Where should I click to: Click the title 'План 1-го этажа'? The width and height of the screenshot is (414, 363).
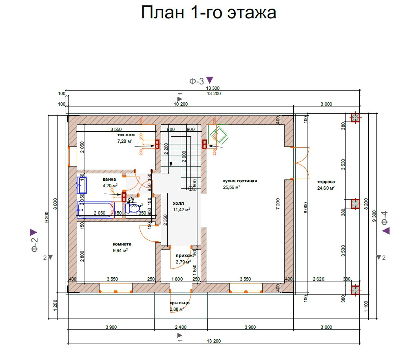(208, 13)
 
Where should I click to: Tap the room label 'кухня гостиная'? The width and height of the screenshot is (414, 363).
(240, 181)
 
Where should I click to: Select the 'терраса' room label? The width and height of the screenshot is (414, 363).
(326, 182)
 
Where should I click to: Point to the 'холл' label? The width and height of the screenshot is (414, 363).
(179, 203)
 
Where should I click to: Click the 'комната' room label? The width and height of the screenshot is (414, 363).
(122, 244)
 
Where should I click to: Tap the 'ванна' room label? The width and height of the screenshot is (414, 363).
(109, 179)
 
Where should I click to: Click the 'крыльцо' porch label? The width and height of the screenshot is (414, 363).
(179, 303)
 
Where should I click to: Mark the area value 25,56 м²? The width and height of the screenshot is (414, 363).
(232, 187)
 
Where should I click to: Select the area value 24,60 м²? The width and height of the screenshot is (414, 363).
(326, 188)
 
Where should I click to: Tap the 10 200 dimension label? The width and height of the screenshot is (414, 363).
(181, 104)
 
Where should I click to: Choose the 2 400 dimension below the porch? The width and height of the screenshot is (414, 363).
(181, 327)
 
